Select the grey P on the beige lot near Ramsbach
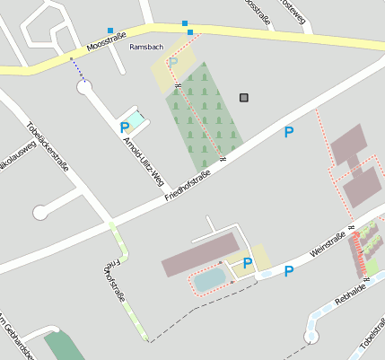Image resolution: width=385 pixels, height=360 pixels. pyautogui.click(x=172, y=62)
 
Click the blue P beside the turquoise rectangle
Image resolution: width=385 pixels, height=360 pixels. pyautogui.click(x=124, y=127)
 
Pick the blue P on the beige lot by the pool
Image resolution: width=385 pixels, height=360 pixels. pyautogui.click(x=247, y=263)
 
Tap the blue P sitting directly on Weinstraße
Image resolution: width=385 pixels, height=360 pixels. pyautogui.click(x=289, y=271)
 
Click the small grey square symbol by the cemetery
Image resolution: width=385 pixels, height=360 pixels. pyautogui.click(x=244, y=97)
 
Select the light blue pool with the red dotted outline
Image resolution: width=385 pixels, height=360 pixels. pyautogui.click(x=210, y=280)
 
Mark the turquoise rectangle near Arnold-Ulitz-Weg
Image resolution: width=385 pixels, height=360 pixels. pyautogui.click(x=135, y=119)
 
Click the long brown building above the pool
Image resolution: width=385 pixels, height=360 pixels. pyautogui.click(x=200, y=254)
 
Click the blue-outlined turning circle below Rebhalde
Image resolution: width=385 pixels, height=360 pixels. pyautogui.click(x=311, y=337)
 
